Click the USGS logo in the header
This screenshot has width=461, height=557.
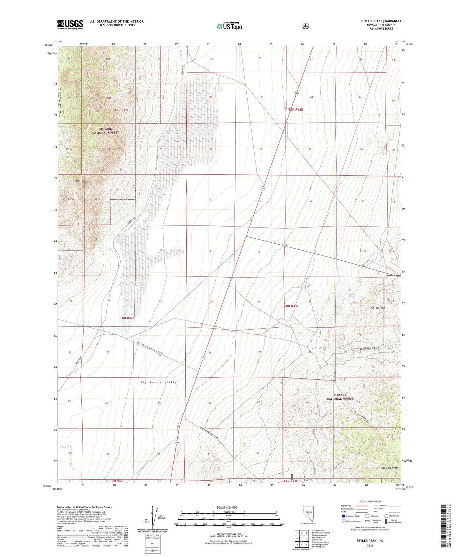point(70,25)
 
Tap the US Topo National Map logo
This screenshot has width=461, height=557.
point(229,26)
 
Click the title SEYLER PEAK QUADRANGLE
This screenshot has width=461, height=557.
point(381,21)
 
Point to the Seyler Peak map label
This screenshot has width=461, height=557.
point(79,181)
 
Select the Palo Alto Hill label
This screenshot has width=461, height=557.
point(378,308)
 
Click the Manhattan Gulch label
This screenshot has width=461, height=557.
point(370,348)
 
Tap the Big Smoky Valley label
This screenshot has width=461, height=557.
point(159,382)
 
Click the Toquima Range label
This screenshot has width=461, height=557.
point(390,468)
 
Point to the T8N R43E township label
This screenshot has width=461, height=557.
point(291,306)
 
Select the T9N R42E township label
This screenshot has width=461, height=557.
point(122,110)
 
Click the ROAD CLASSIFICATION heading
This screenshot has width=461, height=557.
point(370,502)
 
